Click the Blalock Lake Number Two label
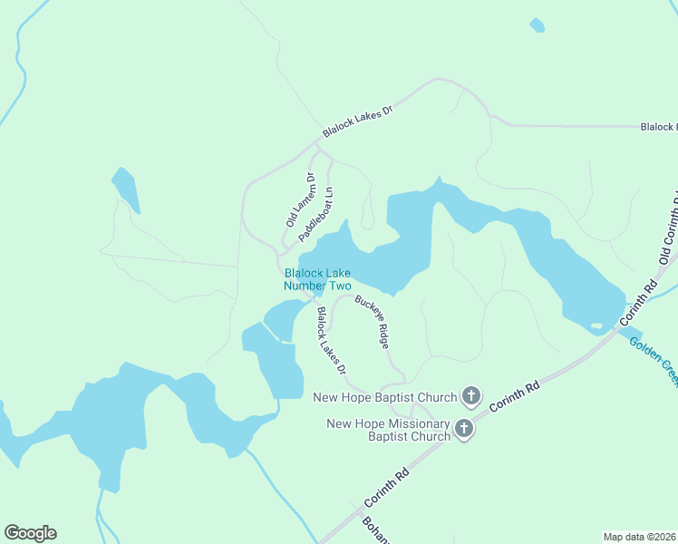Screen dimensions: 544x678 pyautogui.click(x=317, y=279)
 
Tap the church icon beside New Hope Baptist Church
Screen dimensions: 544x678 pyautogui.click(x=470, y=396)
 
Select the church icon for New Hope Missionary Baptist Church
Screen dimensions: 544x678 pyautogui.click(x=463, y=429)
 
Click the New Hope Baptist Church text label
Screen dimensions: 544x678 pyautogui.click(x=384, y=397)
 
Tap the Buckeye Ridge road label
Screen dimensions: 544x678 pyautogui.click(x=373, y=323)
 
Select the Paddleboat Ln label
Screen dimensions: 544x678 pyautogui.click(x=317, y=214)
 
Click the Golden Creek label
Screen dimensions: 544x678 pyautogui.click(x=653, y=358)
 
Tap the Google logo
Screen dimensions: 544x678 pyautogui.click(x=30, y=533)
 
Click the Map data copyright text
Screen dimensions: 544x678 pyautogui.click(x=640, y=536)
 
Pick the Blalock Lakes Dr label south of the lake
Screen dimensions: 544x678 pyautogui.click(x=331, y=340)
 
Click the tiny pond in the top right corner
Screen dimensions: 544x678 pyautogui.click(x=537, y=25)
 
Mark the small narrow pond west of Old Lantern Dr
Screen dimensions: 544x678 pyautogui.click(x=126, y=189)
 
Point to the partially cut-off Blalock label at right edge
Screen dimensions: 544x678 pyautogui.click(x=658, y=127)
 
